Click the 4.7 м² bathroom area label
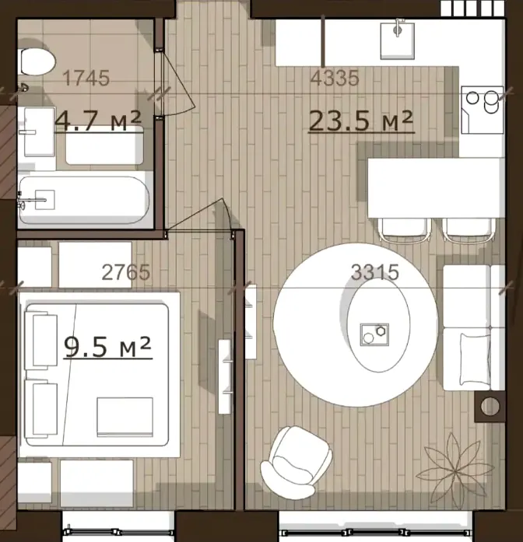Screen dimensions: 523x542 98,121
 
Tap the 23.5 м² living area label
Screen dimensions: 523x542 361,121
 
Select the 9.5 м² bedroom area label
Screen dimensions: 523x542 107,347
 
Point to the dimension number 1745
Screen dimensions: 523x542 86,78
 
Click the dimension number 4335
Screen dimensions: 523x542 335,78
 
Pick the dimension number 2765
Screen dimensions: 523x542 126,272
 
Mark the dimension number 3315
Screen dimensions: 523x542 375,272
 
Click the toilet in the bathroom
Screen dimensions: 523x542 37,62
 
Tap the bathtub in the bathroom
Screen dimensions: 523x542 84,200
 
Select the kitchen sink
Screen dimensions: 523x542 398,40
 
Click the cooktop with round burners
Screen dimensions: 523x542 483,110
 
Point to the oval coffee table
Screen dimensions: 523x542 379,325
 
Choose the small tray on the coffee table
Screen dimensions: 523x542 374,334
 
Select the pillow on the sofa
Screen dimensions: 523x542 476,359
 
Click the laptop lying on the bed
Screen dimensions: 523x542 125,418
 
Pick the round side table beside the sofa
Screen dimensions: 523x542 490,407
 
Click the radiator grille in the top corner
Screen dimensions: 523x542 472,9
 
